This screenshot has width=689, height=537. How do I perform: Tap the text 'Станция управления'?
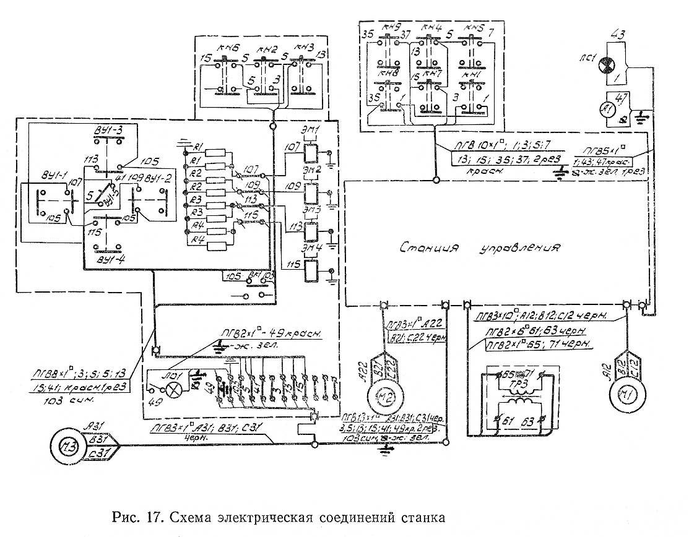point(479,248)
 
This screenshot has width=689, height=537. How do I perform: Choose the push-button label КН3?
point(305,47)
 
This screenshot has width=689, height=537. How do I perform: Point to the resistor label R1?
point(198,147)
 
